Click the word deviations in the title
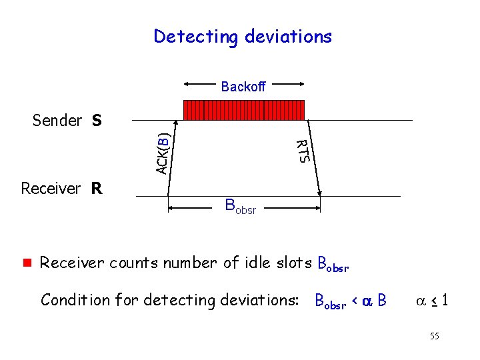tap(288, 36)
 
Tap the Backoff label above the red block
tap(243, 87)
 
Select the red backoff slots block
tap(243, 110)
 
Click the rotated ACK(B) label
tap(162, 153)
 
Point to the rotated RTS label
tap(302, 151)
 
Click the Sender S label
tap(67, 121)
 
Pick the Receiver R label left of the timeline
tap(61, 189)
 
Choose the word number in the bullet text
tap(184, 263)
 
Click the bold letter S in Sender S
tap(97, 121)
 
